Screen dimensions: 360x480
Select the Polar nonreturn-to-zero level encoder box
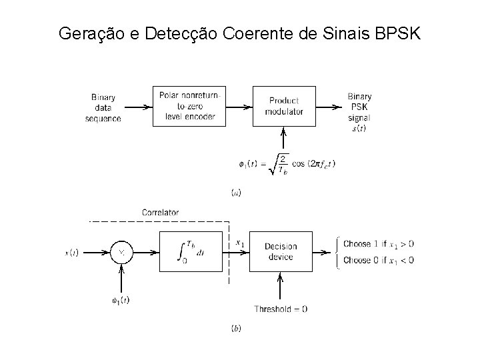pos(189,106)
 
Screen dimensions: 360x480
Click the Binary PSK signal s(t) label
pos(359,111)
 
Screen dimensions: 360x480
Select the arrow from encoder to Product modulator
pos(238,106)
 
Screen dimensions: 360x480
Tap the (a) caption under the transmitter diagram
pos(236,193)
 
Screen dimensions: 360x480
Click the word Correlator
pos(160,213)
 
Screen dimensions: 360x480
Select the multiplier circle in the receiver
pos(121,253)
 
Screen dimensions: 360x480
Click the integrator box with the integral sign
pos(189,252)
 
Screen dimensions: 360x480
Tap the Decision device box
pos(280,252)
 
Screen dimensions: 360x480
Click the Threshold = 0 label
pos(281,309)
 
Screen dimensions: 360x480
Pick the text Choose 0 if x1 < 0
pos(378,260)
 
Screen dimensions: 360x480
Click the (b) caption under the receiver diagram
pos(236,329)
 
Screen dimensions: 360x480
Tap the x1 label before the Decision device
pos(240,243)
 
